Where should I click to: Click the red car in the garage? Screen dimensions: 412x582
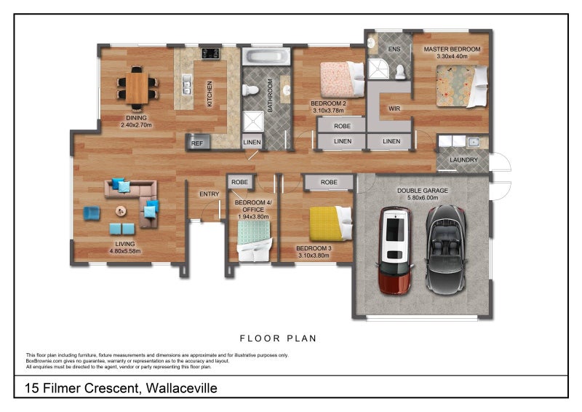tap(394, 249)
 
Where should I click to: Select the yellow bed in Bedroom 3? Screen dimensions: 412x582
tap(327, 223)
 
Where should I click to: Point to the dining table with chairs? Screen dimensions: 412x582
tap(137, 87)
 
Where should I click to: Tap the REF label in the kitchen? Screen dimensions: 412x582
tap(196, 143)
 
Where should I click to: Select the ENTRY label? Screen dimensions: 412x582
tap(209, 194)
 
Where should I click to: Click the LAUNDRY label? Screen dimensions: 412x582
tap(463, 159)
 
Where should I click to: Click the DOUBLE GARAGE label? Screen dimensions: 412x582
tap(422, 191)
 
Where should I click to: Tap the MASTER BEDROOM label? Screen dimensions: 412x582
tap(452, 49)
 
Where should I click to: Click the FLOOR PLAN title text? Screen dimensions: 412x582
tap(278, 338)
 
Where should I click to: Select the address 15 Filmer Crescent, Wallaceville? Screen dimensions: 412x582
tap(121, 388)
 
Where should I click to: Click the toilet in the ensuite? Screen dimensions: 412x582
tap(399, 71)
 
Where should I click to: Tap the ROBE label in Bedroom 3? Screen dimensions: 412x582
tap(329, 182)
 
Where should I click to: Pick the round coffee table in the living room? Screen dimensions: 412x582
tap(121, 210)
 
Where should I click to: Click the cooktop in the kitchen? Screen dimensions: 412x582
tap(210, 52)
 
